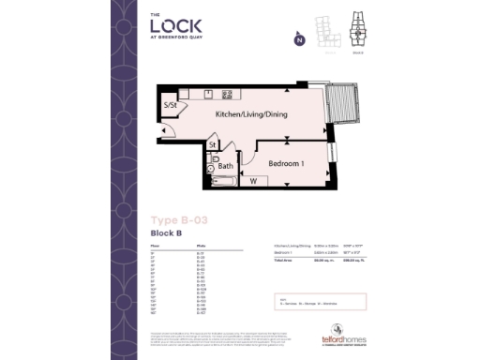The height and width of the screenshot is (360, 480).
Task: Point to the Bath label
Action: tap(226, 165)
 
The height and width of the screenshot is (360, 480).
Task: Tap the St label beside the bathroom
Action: tap(214, 145)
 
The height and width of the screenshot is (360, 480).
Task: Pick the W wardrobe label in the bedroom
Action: tap(253, 180)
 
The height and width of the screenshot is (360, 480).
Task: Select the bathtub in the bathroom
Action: tap(225, 180)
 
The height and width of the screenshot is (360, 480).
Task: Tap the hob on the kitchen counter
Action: tap(227, 95)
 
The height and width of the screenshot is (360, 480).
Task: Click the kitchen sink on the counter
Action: tap(208, 95)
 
